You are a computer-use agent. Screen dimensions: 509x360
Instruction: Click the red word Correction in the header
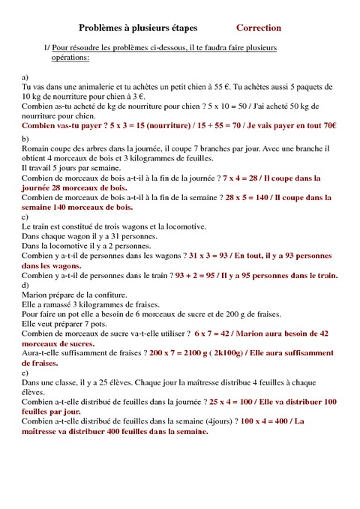[x=259, y=28]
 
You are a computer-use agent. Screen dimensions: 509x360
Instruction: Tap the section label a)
[x=25, y=77]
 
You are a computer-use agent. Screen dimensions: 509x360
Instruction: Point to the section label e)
[x=25, y=373]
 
